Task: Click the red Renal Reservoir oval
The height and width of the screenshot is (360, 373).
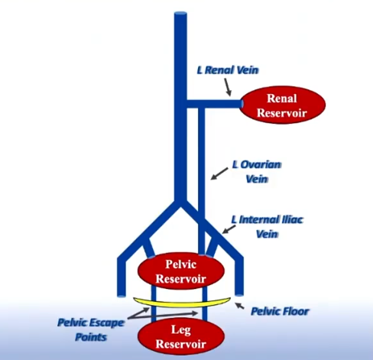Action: [283, 105]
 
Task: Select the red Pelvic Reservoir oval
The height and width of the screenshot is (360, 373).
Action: [181, 271]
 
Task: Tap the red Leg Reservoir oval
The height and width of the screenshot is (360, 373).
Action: [181, 336]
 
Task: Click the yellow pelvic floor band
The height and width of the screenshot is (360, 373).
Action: [182, 303]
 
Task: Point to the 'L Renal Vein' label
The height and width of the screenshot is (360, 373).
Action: [228, 70]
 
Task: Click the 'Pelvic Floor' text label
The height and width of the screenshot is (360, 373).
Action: [280, 311]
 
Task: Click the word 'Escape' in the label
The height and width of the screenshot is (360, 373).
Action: [107, 323]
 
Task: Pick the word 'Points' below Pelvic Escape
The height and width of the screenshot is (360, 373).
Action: [91, 337]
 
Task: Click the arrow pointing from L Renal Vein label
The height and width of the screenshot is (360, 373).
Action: [228, 87]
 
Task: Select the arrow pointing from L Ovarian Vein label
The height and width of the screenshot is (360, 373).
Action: [219, 174]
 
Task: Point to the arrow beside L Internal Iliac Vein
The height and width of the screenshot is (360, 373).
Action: [229, 229]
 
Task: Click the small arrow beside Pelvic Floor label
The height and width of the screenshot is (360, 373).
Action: [239, 306]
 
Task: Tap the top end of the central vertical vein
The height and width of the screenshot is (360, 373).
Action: [180, 13]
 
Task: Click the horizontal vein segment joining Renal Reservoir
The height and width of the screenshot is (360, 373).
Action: [214, 104]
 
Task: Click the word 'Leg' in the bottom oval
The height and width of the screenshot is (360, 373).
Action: [181, 330]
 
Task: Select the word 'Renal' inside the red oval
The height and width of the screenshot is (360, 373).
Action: [282, 99]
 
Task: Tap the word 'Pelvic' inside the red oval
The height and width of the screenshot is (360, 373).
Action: [181, 264]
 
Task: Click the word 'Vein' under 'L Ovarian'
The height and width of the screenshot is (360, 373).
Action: [257, 179]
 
